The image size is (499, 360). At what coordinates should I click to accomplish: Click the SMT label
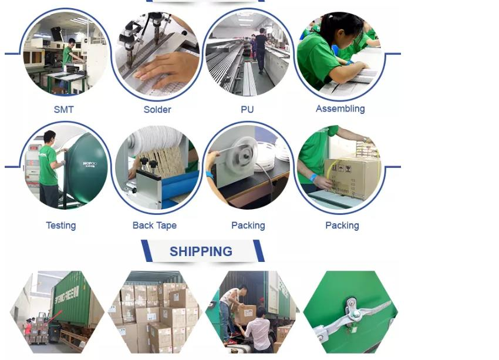pos(63,110)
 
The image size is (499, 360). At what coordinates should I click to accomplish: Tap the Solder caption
pos(157,110)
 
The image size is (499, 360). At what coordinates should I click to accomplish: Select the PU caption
pos(247,110)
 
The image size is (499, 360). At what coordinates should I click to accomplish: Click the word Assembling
pos(340,109)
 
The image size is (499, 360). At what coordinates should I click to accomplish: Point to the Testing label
pos(60,226)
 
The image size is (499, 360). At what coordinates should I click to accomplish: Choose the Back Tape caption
pos(154,226)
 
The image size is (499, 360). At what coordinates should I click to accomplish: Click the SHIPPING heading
pos(201,251)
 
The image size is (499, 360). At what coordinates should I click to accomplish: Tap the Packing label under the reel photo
pos(248,226)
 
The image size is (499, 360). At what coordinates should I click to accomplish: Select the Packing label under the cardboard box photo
pos(342,226)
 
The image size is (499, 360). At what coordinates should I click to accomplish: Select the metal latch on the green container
pos(351,311)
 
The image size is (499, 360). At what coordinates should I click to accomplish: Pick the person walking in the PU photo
pos(261,49)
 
